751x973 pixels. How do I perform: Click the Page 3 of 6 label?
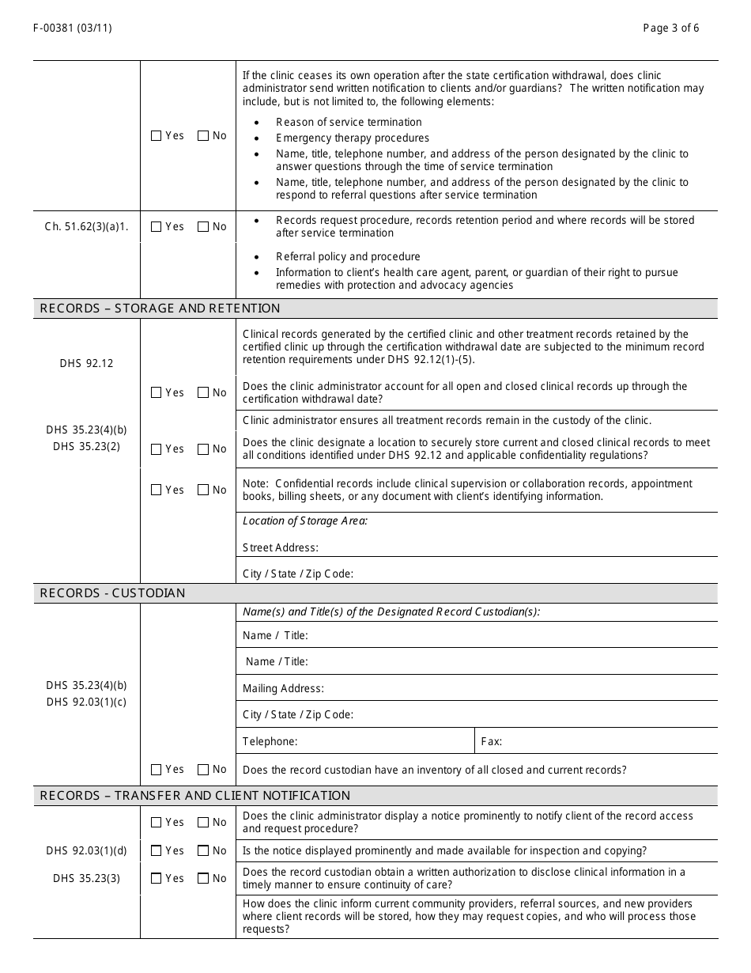tap(670, 28)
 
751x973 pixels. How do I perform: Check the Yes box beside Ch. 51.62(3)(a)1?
tap(156, 227)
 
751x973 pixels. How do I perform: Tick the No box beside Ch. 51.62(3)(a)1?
tap(203, 227)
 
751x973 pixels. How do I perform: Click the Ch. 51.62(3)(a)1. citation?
tap(86, 227)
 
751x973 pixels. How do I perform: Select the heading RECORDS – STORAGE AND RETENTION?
tap(160, 309)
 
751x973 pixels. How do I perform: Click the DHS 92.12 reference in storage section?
tap(86, 364)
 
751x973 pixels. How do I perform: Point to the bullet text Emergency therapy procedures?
tap(353, 138)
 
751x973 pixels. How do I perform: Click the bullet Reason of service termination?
tap(349, 123)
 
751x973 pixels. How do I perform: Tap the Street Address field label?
tap(280, 547)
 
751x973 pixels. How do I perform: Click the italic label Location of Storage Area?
tap(304, 521)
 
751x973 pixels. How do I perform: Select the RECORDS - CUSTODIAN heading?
tap(112, 593)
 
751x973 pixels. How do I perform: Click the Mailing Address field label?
tap(283, 689)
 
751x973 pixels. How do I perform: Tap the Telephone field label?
tap(270, 742)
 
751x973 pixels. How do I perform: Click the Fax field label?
tap(491, 742)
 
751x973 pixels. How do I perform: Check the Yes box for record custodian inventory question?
tap(156, 770)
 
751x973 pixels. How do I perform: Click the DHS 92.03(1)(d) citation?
tap(86, 851)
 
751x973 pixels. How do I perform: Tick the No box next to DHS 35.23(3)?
tap(203, 879)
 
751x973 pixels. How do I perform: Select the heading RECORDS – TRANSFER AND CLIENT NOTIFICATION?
tap(194, 796)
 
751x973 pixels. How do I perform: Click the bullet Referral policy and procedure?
tap(348, 257)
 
